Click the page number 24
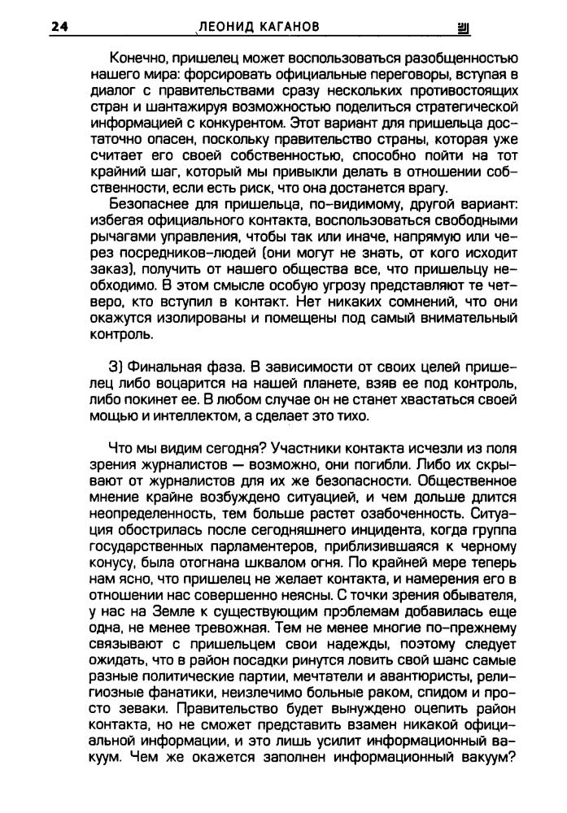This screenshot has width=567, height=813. click(x=59, y=27)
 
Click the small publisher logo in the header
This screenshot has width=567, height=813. click(x=465, y=28)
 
